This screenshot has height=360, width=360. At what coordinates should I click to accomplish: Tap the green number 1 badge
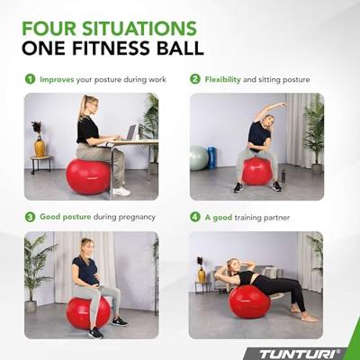(x=30, y=79)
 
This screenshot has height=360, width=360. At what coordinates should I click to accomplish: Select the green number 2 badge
(x=195, y=79)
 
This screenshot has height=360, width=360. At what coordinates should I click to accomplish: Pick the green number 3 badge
(x=30, y=217)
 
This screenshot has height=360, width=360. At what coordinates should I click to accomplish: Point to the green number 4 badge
(x=195, y=217)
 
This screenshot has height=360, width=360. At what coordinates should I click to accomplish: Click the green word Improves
(x=58, y=79)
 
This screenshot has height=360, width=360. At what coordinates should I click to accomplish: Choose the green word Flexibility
(x=224, y=79)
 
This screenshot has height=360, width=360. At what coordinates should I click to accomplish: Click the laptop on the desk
(x=131, y=132)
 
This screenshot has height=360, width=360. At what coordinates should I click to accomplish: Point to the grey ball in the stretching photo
(x=199, y=158)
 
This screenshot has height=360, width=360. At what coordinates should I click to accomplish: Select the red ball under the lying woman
(x=248, y=301)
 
